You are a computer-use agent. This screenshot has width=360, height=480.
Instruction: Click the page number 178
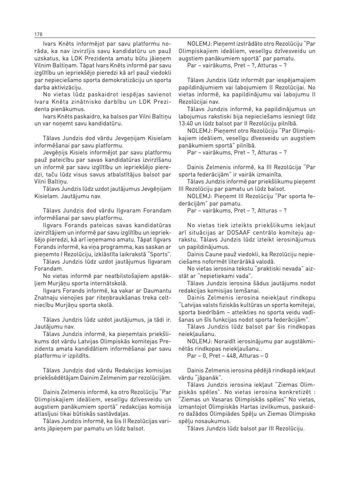pos(38,34)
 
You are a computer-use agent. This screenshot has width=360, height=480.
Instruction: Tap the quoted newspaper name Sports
pos(159,254)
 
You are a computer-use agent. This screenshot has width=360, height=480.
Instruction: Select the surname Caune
pos(217,254)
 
